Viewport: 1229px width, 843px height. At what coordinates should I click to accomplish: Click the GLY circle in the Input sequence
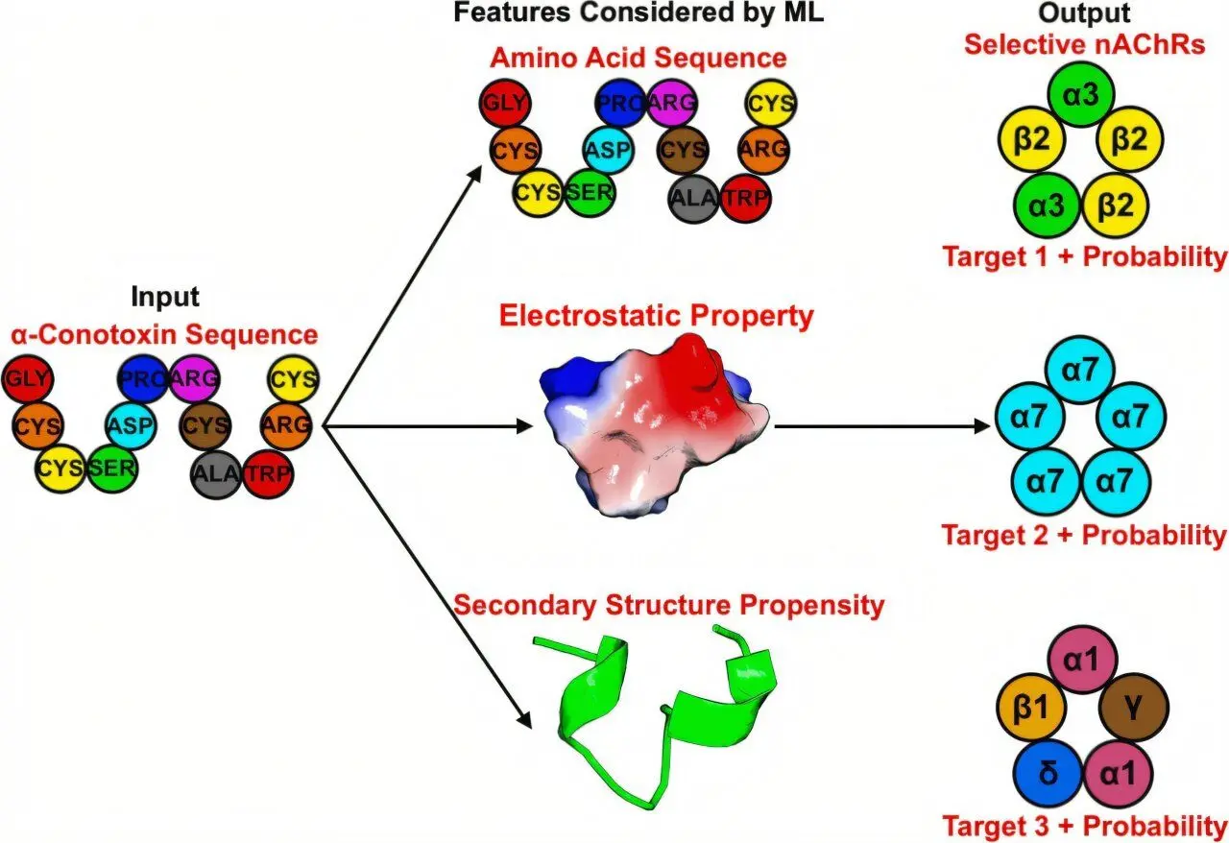28,379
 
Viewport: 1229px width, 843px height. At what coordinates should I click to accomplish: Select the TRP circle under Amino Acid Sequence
746,199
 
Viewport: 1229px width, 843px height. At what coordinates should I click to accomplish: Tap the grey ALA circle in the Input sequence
216,473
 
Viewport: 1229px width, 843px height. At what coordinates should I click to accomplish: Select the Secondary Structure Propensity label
668,606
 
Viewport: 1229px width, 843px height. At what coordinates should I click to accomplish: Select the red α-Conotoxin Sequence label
164,335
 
